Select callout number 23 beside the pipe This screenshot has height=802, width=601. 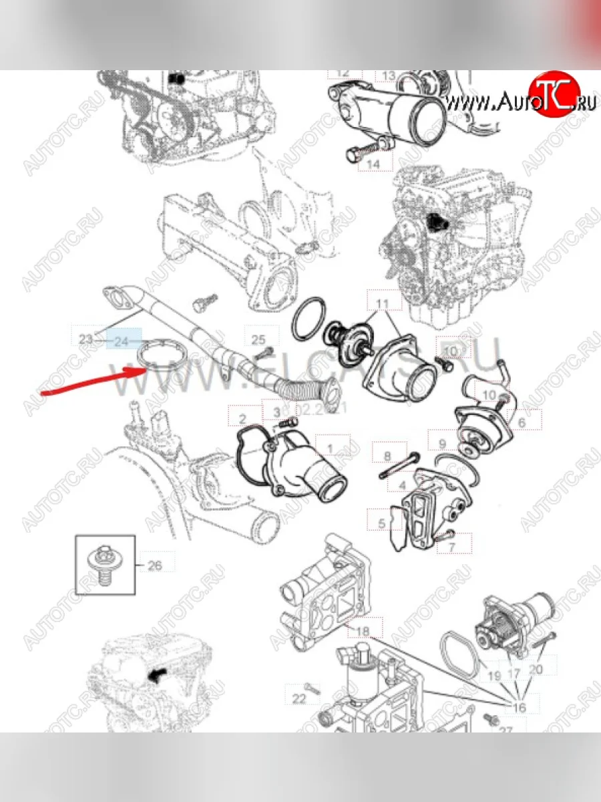click(85, 340)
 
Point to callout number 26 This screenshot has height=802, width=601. click(154, 565)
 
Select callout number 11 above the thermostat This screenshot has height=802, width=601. click(381, 303)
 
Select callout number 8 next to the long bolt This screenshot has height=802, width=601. click(387, 456)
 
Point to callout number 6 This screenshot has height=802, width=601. click(521, 422)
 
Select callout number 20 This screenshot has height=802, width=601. click(536, 668)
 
